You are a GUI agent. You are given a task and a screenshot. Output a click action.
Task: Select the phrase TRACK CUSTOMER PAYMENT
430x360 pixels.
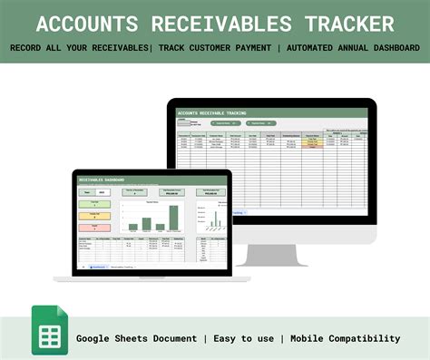[x=215, y=47]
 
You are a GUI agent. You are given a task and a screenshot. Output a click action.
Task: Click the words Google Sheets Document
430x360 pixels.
[x=136, y=338]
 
